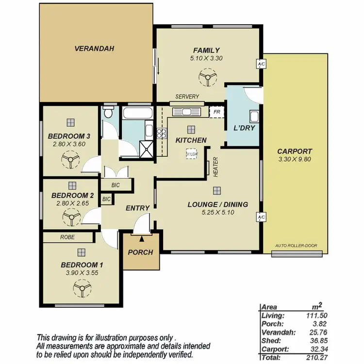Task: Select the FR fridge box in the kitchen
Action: tap(216, 112)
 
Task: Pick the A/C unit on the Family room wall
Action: tap(261, 64)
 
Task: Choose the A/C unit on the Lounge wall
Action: tap(261, 217)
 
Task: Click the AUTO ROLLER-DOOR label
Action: tap(296, 246)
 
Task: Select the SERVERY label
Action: tap(187, 97)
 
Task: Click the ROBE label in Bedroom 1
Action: tap(67, 237)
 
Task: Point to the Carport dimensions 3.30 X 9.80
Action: tap(295, 159)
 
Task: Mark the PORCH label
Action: tap(140, 252)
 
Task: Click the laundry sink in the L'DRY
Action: tap(253, 116)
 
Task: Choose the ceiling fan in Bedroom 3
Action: tap(71, 159)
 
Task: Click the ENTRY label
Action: tap(137, 208)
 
